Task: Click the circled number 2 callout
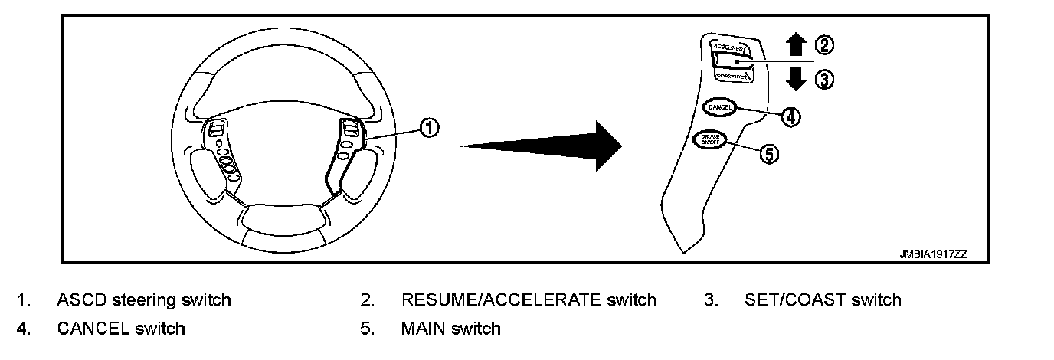[x=823, y=45]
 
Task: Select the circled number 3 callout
[x=823, y=79]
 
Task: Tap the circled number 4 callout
[x=791, y=116]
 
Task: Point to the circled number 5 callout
[x=768, y=153]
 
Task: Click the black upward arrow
[x=797, y=45]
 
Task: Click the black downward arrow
[x=797, y=79]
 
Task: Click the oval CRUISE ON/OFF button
[x=709, y=140]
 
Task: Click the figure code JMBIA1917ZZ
[x=934, y=253]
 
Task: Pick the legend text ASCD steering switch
[x=143, y=299]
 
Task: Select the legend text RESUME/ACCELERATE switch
[x=529, y=299]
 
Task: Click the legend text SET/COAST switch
[x=822, y=299]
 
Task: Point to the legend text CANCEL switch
[x=120, y=329]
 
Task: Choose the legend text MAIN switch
[x=450, y=329]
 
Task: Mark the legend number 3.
[x=710, y=299]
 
